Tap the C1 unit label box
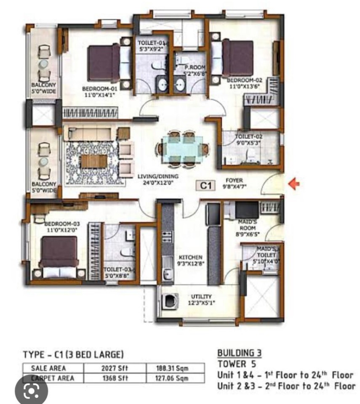pyautogui.click(x=205, y=185)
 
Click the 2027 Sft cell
pyautogui.click(x=115, y=368)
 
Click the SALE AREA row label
pyautogui.click(x=48, y=368)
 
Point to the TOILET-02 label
pyautogui.click(x=248, y=139)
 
